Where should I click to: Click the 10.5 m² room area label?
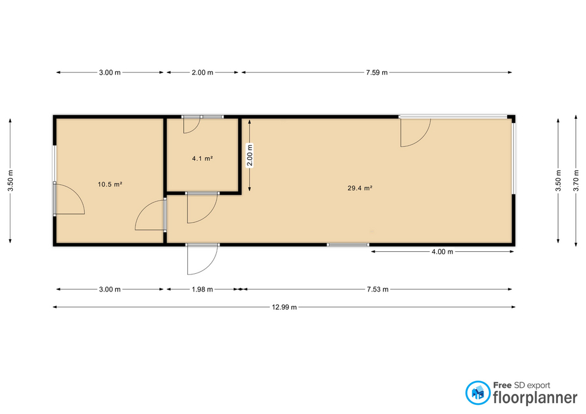click(110, 184)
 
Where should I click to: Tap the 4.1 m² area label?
click(202, 159)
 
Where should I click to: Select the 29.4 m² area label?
click(360, 188)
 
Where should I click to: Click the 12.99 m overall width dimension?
click(284, 307)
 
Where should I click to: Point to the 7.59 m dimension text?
click(377, 73)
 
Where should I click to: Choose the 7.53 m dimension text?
click(377, 290)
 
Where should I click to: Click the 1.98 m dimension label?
click(202, 290)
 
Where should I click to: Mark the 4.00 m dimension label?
click(443, 252)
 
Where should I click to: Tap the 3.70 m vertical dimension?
click(576, 180)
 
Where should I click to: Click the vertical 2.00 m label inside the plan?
click(250, 155)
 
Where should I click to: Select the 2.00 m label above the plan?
click(202, 73)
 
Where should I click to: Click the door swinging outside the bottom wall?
click(202, 260)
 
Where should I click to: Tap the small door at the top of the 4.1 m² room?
click(192, 124)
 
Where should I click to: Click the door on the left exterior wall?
click(70, 199)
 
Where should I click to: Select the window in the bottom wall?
click(348, 245)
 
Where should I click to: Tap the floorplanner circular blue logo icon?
click(477, 393)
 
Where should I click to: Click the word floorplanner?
click(535, 398)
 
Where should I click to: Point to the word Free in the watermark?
click(502, 385)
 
